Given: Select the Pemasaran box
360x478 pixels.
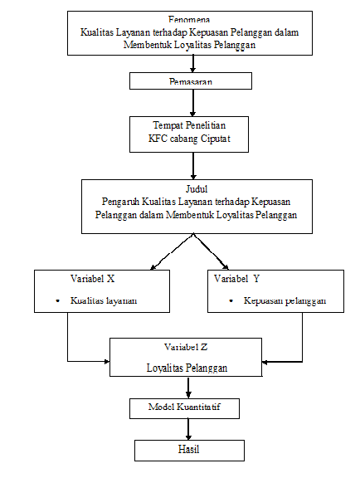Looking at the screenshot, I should (x=191, y=80).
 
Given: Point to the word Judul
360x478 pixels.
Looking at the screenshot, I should (x=192, y=188).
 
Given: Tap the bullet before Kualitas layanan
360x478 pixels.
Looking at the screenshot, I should (x=56, y=300).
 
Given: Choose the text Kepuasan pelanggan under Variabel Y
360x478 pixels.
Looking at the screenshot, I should (x=285, y=300).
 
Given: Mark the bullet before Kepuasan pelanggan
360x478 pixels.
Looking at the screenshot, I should (x=228, y=300).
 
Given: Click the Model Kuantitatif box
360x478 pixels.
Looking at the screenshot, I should (x=190, y=408).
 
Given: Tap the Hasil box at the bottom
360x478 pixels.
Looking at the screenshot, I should (x=190, y=449).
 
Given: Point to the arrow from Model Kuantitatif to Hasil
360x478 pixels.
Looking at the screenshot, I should (x=190, y=428).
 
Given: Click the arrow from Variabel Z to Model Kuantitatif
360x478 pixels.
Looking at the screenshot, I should (x=190, y=388).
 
